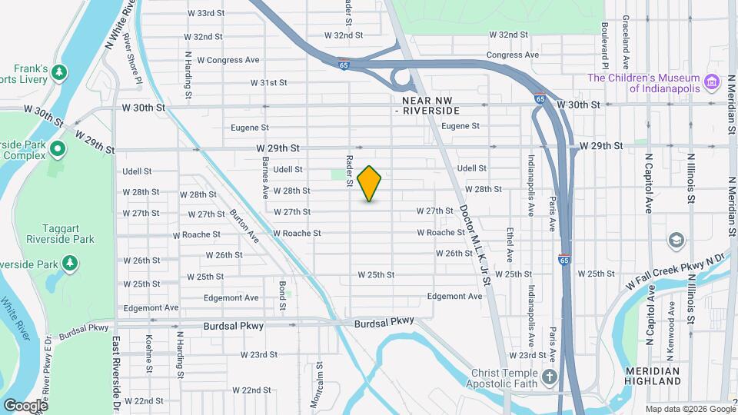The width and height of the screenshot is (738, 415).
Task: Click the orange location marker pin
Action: coord(370,183)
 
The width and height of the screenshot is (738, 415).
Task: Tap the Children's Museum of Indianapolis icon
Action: coord(712,81)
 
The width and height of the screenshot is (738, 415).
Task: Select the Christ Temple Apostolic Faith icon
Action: coord(549,377)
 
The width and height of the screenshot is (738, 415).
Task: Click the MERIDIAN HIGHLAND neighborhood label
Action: coord(652,376)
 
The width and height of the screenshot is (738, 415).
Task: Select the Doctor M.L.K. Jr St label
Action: coord(475,234)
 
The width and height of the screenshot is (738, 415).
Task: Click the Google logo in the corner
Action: coord(25,405)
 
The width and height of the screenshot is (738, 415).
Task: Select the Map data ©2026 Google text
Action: coord(690,409)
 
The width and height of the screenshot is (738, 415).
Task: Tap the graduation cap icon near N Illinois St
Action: coord(676,241)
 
